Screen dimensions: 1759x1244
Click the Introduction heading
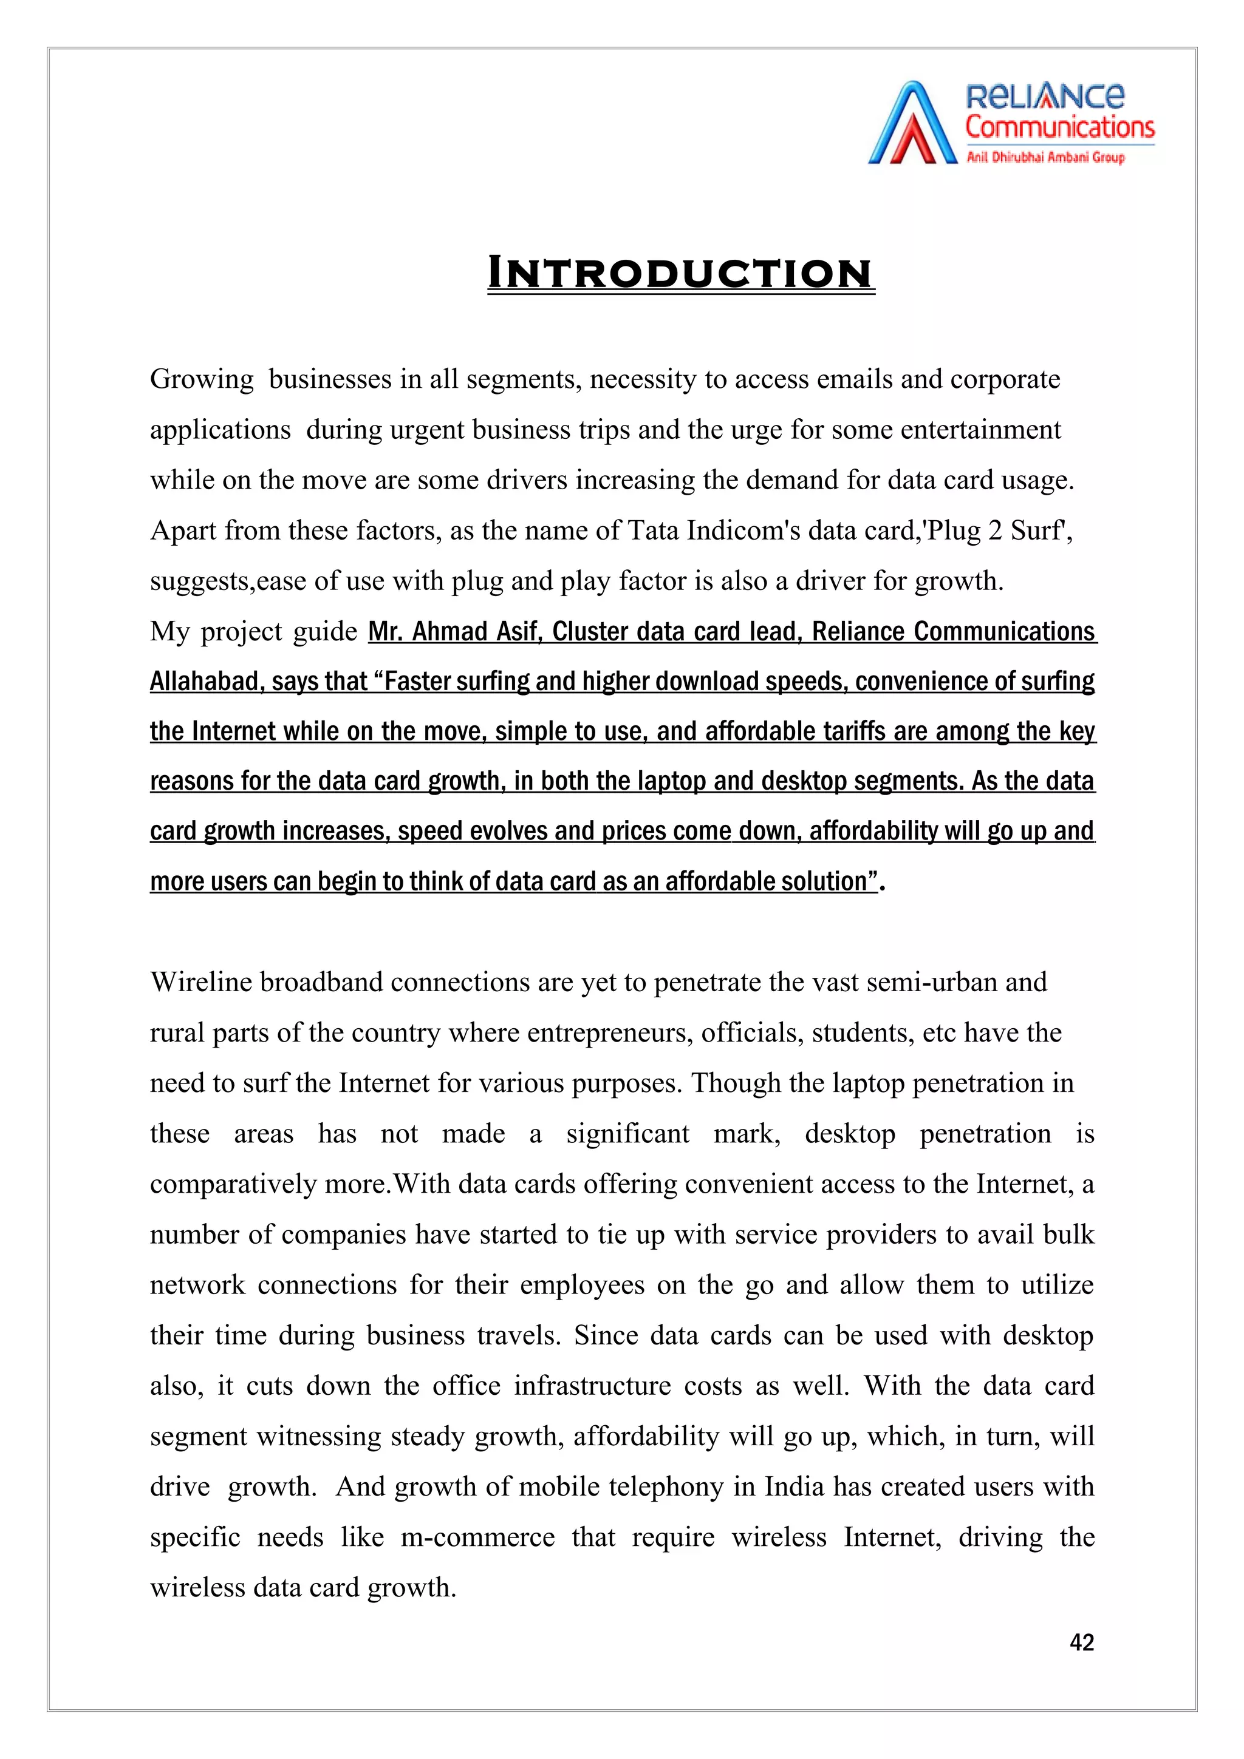(681, 274)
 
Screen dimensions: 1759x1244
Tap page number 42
(1081, 1642)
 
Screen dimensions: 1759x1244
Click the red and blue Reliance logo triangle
(912, 124)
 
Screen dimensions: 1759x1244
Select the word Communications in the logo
(1059, 127)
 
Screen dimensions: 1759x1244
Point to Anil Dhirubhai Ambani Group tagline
(1045, 158)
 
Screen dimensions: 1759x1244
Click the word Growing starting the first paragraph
(202, 380)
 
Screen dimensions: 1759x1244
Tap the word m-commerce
(477, 1537)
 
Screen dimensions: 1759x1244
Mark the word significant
(627, 1134)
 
